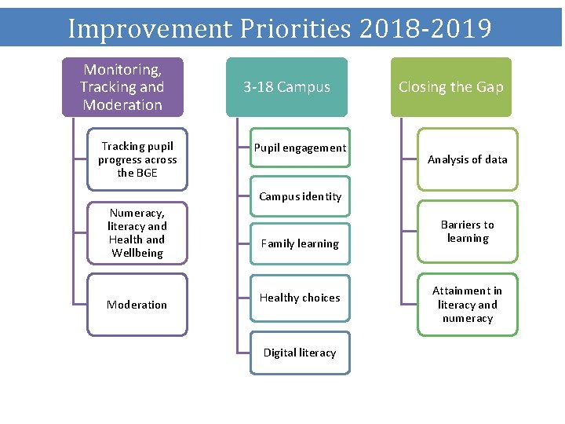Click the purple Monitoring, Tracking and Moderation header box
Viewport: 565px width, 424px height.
(x=122, y=87)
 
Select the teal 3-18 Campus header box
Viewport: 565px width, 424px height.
(x=286, y=87)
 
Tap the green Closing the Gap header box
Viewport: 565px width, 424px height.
(x=450, y=87)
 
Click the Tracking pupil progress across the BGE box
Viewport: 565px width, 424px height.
(x=137, y=159)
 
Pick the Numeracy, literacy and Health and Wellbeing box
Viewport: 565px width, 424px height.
(x=137, y=232)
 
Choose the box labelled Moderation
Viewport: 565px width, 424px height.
(x=137, y=305)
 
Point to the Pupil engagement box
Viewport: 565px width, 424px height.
(x=300, y=148)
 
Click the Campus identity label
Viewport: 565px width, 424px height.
(x=300, y=196)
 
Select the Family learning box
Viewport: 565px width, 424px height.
(x=300, y=243)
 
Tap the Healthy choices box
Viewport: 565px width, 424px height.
(x=300, y=298)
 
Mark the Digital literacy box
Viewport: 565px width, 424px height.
(x=300, y=353)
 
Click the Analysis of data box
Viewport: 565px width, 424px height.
(x=467, y=159)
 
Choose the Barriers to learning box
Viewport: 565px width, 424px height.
(x=467, y=232)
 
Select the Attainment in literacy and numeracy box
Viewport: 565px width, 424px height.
(x=467, y=305)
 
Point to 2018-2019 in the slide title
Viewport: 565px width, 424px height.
(x=425, y=28)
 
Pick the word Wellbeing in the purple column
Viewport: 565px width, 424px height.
(x=137, y=253)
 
